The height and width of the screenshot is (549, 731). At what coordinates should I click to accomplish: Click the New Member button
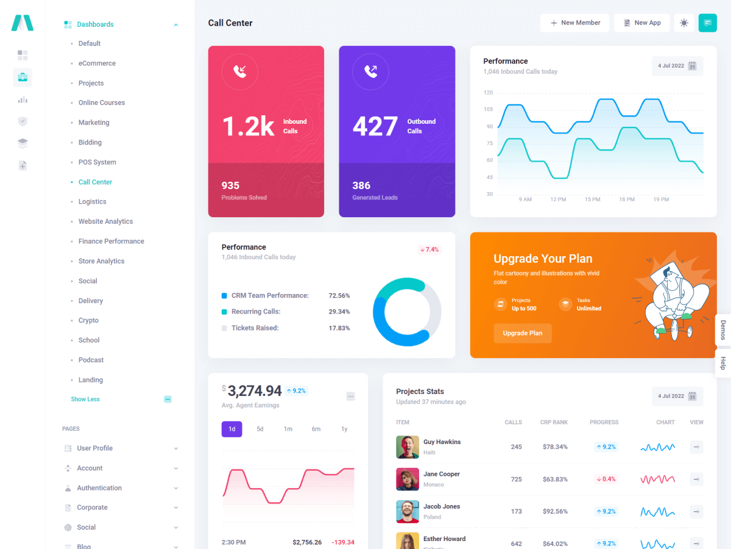pyautogui.click(x=574, y=23)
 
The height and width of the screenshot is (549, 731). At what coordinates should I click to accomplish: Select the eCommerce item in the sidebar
pyautogui.click(x=97, y=63)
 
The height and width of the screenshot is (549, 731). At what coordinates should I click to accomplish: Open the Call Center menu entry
pyautogui.click(x=95, y=182)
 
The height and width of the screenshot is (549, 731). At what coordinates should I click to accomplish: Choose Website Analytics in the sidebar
pyautogui.click(x=105, y=221)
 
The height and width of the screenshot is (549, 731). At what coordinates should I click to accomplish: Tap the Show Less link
pyautogui.click(x=85, y=399)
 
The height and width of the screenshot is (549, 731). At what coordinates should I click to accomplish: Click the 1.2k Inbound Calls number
pyautogui.click(x=249, y=126)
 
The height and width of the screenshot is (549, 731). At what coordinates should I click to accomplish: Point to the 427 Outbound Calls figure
pyautogui.click(x=375, y=126)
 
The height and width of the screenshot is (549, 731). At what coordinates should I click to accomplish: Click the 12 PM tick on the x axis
pyautogui.click(x=558, y=199)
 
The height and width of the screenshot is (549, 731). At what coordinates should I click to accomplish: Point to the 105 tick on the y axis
pyautogui.click(x=488, y=109)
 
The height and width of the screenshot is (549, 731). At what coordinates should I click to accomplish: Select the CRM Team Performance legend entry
pyautogui.click(x=270, y=296)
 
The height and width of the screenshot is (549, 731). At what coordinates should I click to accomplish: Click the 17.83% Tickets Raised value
pyautogui.click(x=339, y=328)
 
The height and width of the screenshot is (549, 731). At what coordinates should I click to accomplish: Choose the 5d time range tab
pyautogui.click(x=260, y=429)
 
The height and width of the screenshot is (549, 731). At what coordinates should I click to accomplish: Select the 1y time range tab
pyautogui.click(x=344, y=429)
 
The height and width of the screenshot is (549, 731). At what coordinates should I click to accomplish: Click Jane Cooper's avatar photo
pyautogui.click(x=408, y=479)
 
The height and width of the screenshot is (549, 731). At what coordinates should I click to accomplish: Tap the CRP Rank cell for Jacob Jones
pyautogui.click(x=555, y=511)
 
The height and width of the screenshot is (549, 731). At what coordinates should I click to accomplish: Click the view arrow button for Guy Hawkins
pyautogui.click(x=696, y=447)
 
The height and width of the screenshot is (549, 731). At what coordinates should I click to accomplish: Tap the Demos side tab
pyautogui.click(x=723, y=330)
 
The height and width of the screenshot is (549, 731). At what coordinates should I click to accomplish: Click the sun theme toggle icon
pyautogui.click(x=684, y=23)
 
